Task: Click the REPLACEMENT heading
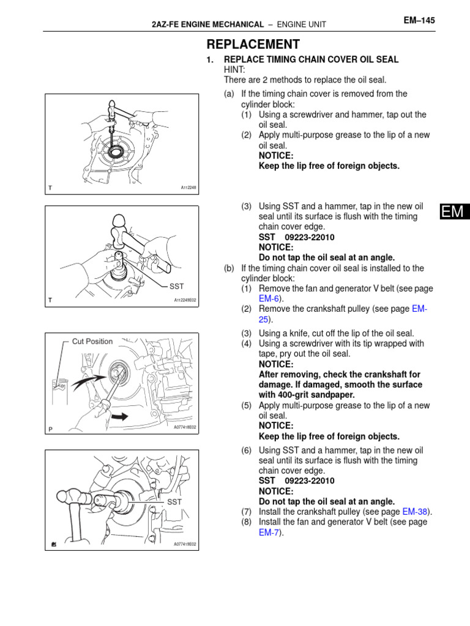(253, 44)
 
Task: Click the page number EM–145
(419, 20)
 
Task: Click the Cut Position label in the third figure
(92, 341)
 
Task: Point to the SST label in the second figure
(176, 285)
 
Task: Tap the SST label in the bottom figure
(175, 501)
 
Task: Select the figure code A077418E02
(185, 427)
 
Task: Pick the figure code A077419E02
(185, 543)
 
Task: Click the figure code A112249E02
(185, 300)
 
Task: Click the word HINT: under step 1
(235, 70)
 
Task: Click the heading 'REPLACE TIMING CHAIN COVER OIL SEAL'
(311, 59)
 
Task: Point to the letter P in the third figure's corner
(51, 429)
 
